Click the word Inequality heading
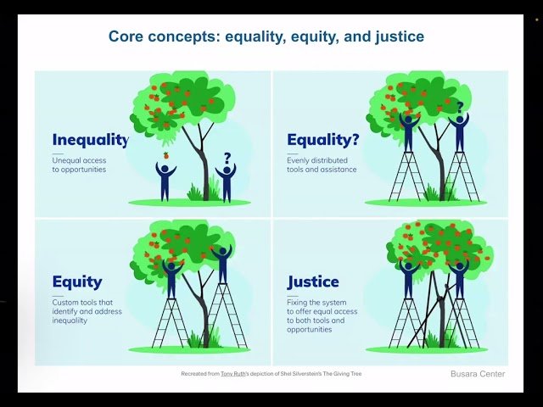(x=90, y=140)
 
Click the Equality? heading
(x=323, y=140)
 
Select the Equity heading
(x=77, y=282)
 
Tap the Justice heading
(x=313, y=282)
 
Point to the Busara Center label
(x=477, y=374)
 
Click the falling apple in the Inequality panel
(x=166, y=155)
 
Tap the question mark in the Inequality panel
(x=227, y=157)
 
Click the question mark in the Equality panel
(x=460, y=108)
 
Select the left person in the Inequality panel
(x=166, y=180)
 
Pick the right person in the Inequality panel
(x=226, y=181)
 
